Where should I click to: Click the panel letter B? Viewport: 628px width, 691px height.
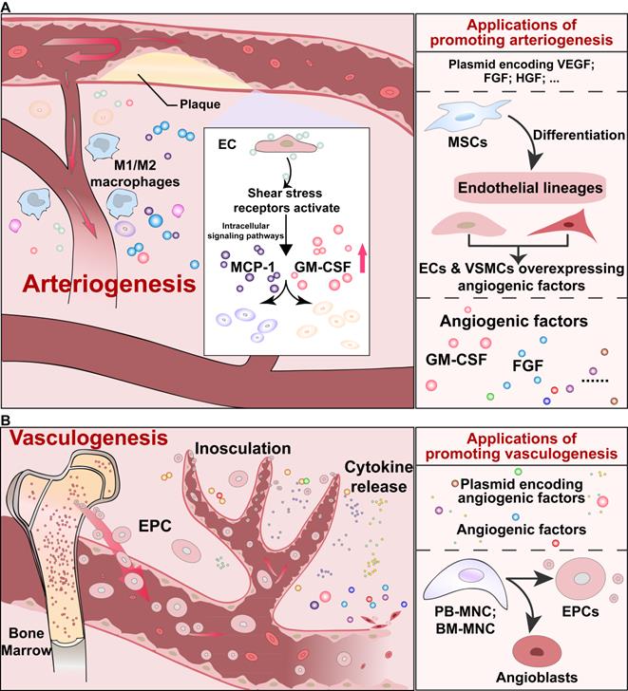click(7, 418)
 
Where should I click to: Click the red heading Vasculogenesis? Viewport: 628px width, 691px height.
click(83, 440)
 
